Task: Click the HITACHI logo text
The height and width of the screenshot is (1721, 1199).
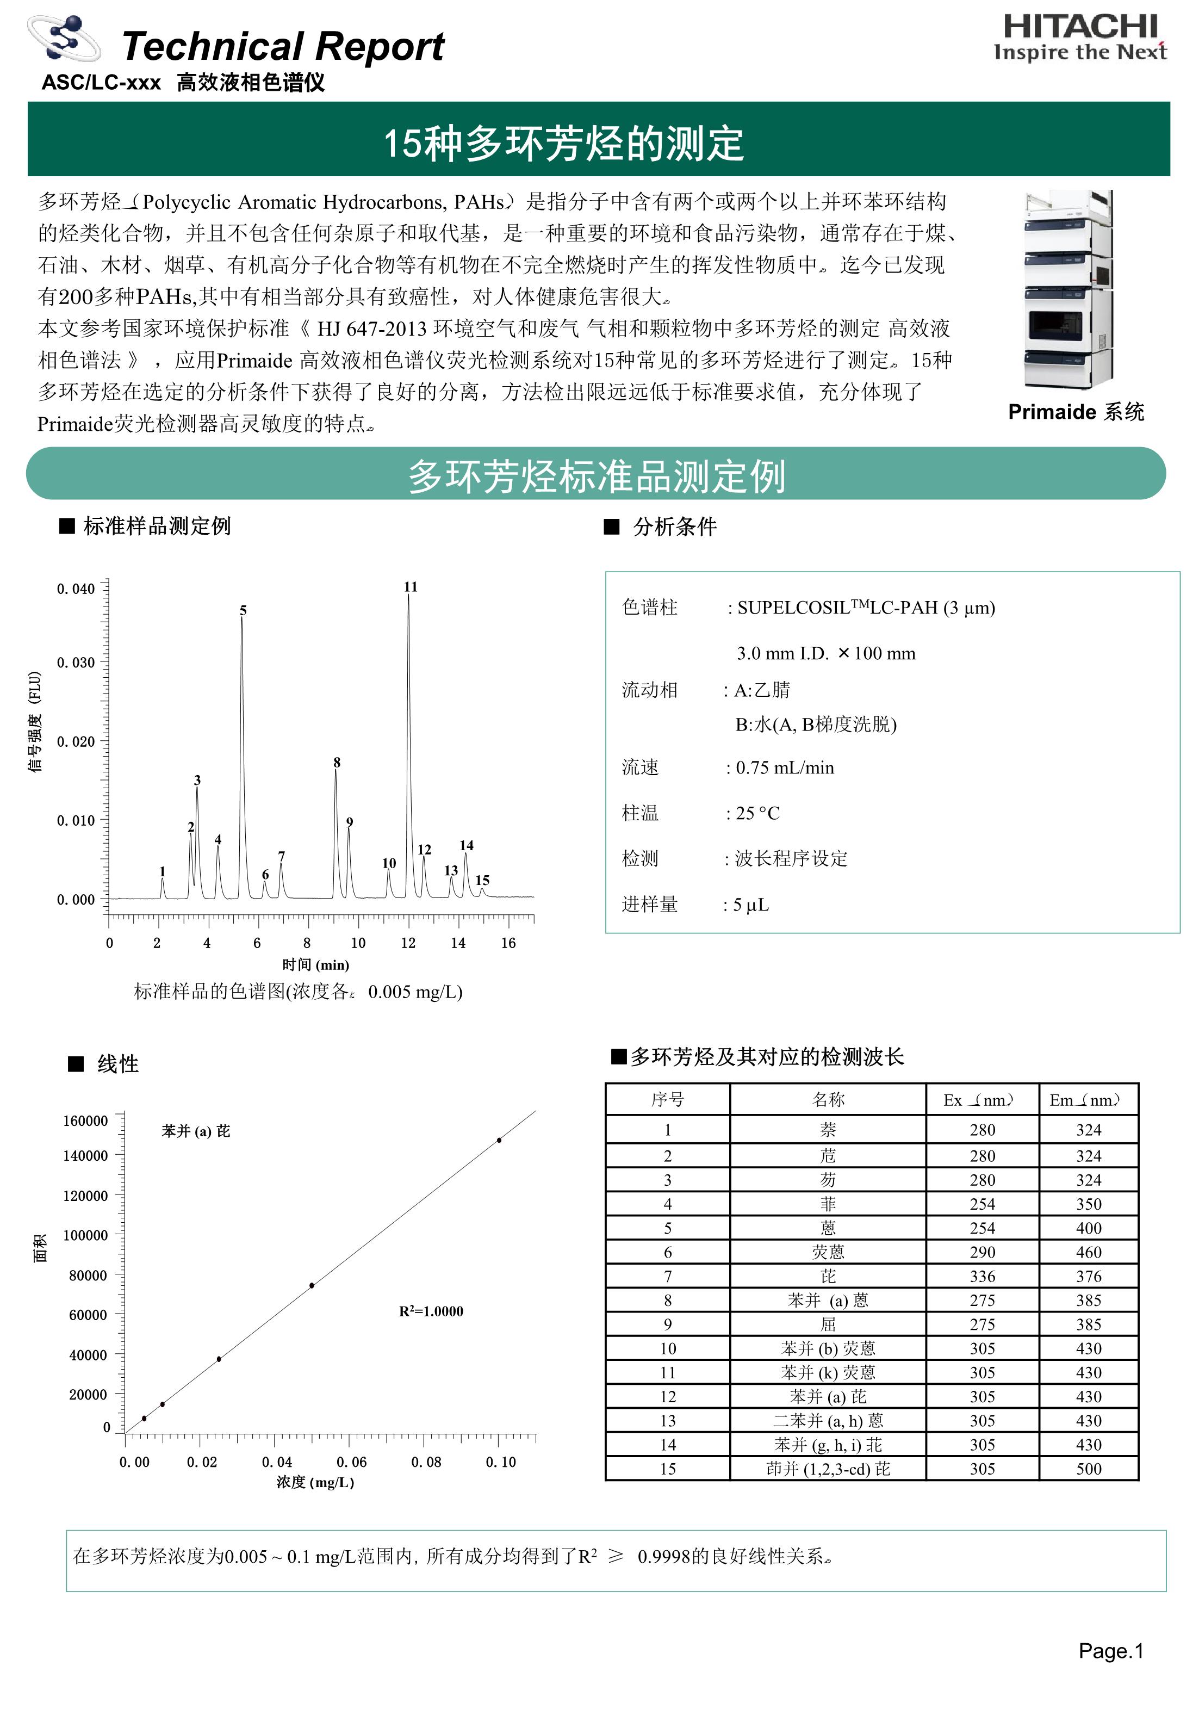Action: tap(1080, 28)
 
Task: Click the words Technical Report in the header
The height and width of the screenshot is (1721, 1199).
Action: tap(283, 46)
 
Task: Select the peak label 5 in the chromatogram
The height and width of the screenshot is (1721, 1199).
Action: tap(243, 611)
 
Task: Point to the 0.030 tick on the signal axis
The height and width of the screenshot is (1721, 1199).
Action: tap(76, 663)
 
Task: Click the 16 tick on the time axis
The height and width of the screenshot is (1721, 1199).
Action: tap(508, 943)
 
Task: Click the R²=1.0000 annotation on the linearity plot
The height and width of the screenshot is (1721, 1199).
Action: tap(431, 1311)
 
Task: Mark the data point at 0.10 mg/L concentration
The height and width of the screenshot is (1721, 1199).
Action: tap(499, 1140)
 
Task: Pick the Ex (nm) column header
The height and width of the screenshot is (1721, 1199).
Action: tap(981, 1100)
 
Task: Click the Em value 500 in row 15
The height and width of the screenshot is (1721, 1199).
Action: tap(1088, 1469)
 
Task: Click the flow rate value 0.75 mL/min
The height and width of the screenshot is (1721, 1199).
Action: tap(784, 767)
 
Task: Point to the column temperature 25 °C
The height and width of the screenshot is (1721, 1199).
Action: tap(757, 813)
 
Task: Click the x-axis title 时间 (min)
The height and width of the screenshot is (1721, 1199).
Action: tap(315, 965)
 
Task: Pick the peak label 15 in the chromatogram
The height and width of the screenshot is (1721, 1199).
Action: tap(483, 880)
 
